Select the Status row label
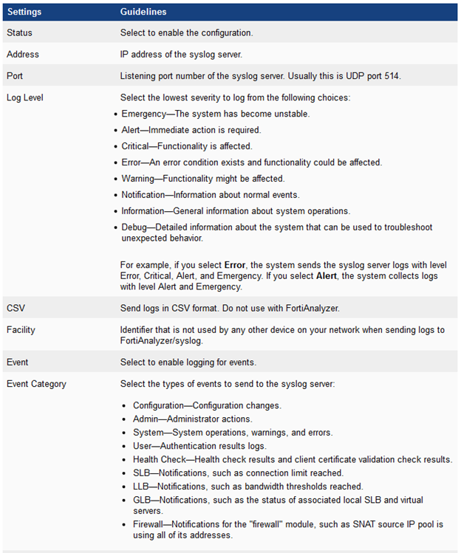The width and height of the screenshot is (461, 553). tap(19, 33)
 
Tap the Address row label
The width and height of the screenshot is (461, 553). tap(23, 55)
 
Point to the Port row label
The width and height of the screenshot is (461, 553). tap(15, 75)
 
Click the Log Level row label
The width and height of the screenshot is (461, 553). tap(24, 97)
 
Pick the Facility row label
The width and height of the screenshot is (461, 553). tap(21, 330)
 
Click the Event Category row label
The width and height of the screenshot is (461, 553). tap(36, 384)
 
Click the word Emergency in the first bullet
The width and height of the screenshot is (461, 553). tap(145, 114)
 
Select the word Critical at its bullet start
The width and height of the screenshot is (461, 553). tap(137, 146)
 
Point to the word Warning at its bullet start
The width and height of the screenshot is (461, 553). tap(139, 179)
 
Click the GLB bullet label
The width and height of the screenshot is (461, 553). tap(142, 500)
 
